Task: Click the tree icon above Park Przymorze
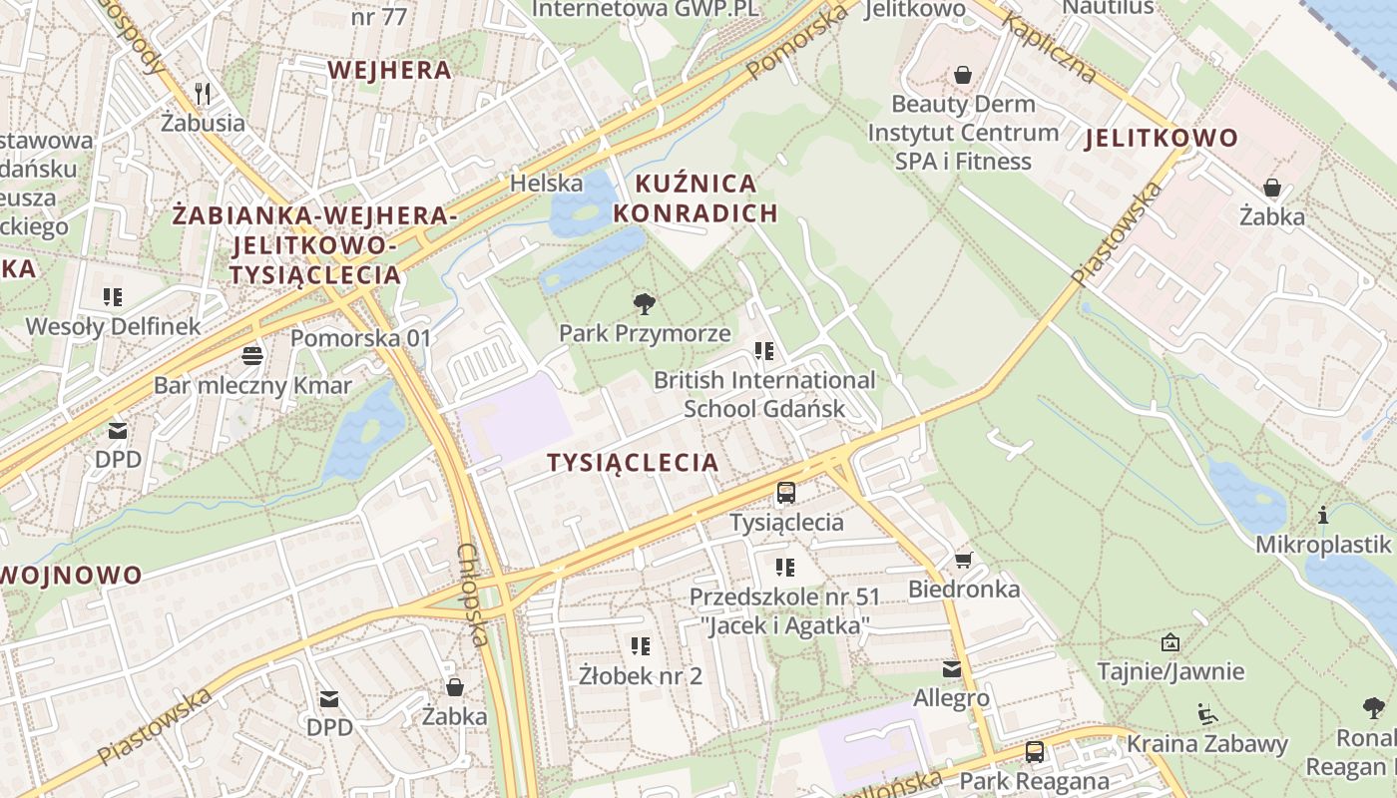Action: coord(645,303)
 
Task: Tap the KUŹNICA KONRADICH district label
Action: coord(695,199)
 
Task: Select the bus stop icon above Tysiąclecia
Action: coord(786,492)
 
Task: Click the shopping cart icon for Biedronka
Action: coord(963,560)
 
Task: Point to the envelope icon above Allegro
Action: coord(952,669)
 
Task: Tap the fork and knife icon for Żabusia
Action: coord(204,94)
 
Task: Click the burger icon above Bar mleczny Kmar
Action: coord(252,356)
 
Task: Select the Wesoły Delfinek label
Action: coord(113,326)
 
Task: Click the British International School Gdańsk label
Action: coord(764,394)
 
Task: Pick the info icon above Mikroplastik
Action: coord(1323,515)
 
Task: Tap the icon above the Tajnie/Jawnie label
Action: coord(1170,642)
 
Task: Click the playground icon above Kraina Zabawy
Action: coord(1207,714)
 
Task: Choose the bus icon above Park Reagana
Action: coord(1035,751)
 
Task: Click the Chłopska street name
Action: coord(473,595)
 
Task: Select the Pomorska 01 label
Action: coord(360,338)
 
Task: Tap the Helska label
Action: coord(546,184)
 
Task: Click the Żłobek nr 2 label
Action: coord(641,675)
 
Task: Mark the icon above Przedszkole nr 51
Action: coord(785,568)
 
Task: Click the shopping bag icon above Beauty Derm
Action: coord(963,75)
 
